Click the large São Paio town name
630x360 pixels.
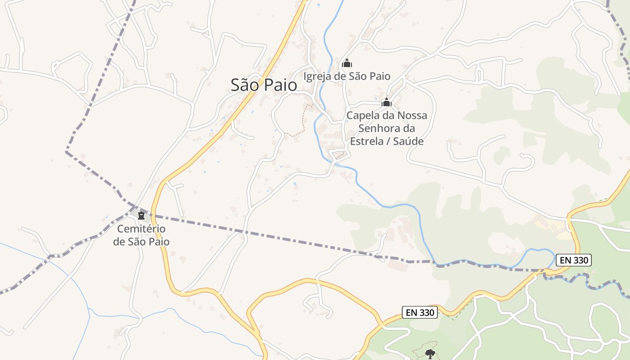click(264, 85)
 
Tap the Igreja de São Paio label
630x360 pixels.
click(346, 76)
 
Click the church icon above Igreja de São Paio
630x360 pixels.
click(346, 63)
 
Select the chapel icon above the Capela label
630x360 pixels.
click(386, 103)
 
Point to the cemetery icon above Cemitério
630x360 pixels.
click(141, 215)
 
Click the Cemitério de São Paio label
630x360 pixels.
click(141, 235)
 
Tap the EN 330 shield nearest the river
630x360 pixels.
click(573, 260)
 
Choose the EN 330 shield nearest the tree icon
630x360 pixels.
click(419, 312)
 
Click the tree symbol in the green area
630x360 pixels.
click(430, 354)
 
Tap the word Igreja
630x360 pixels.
click(318, 76)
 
